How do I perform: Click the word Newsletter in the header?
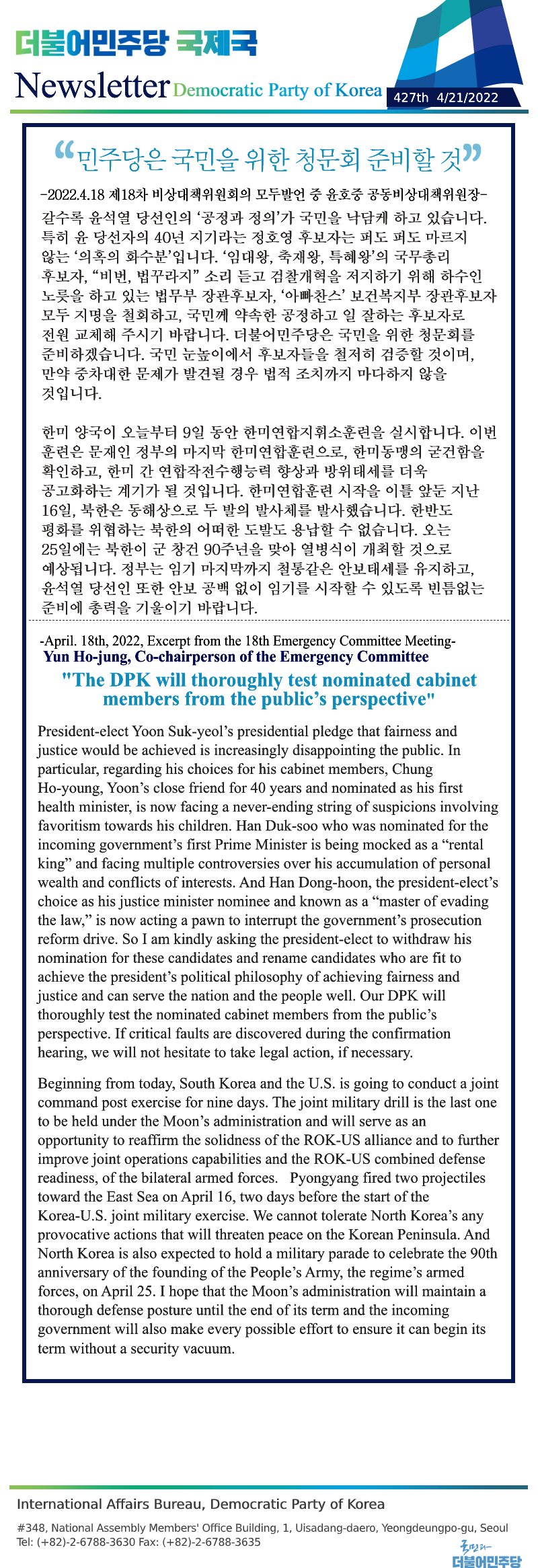[91, 86]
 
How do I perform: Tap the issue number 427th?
[410, 97]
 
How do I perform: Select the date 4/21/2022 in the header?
[467, 97]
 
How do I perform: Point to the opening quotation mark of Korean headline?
[64, 153]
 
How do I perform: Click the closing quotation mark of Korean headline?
[473, 153]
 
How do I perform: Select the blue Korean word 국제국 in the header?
[217, 44]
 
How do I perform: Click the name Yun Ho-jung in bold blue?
[87, 657]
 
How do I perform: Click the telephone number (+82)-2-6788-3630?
[85, 1542]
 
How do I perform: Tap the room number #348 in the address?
[31, 1528]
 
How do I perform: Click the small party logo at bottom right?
[486, 1553]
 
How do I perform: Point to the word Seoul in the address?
[494, 1528]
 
